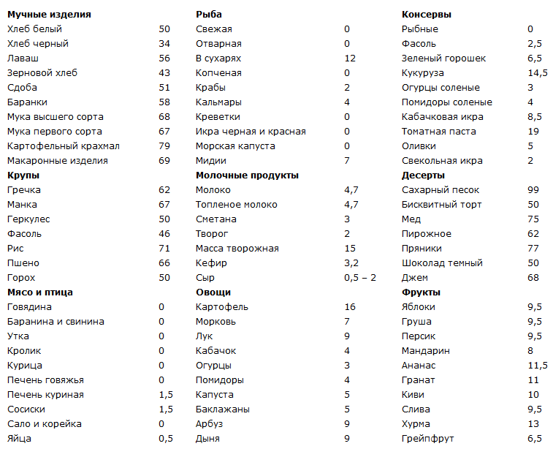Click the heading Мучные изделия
pyautogui.click(x=49, y=15)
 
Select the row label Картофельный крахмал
pyautogui.click(x=63, y=146)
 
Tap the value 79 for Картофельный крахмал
pyautogui.click(x=164, y=146)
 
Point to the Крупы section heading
pyautogui.click(x=23, y=175)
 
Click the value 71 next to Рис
pyautogui.click(x=164, y=249)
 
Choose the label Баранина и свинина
pyautogui.click(x=56, y=322)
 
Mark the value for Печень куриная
pyautogui.click(x=165, y=395)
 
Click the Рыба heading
pyautogui.click(x=209, y=15)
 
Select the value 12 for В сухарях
pyautogui.click(x=350, y=58)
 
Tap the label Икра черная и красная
pyautogui.click(x=251, y=132)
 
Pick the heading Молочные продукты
pyautogui.click(x=247, y=175)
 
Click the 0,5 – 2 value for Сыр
pyautogui.click(x=360, y=278)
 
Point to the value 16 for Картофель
pyautogui.click(x=350, y=307)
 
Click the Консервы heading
pyautogui.click(x=427, y=15)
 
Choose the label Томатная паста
pyautogui.click(x=438, y=132)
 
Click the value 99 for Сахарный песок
pyautogui.click(x=533, y=190)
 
